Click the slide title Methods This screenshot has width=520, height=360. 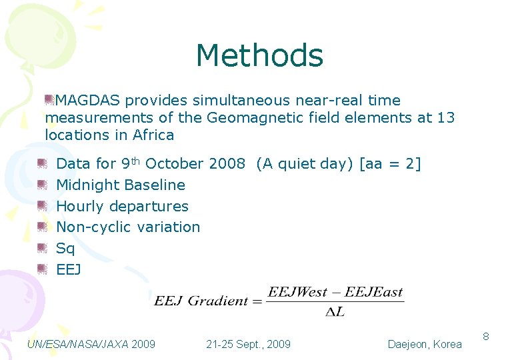[x=259, y=56]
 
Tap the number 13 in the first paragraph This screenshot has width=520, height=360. [x=445, y=118]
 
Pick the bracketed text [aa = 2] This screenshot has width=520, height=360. [x=390, y=164]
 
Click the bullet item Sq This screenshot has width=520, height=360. [x=65, y=249]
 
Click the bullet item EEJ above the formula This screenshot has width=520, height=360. [x=69, y=270]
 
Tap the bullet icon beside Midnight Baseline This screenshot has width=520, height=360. [x=42, y=184]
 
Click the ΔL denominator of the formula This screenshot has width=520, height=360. [x=335, y=312]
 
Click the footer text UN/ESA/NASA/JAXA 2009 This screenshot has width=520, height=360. [x=91, y=344]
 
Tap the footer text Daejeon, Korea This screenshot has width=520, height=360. [x=425, y=344]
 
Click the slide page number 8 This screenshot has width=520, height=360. [x=486, y=337]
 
